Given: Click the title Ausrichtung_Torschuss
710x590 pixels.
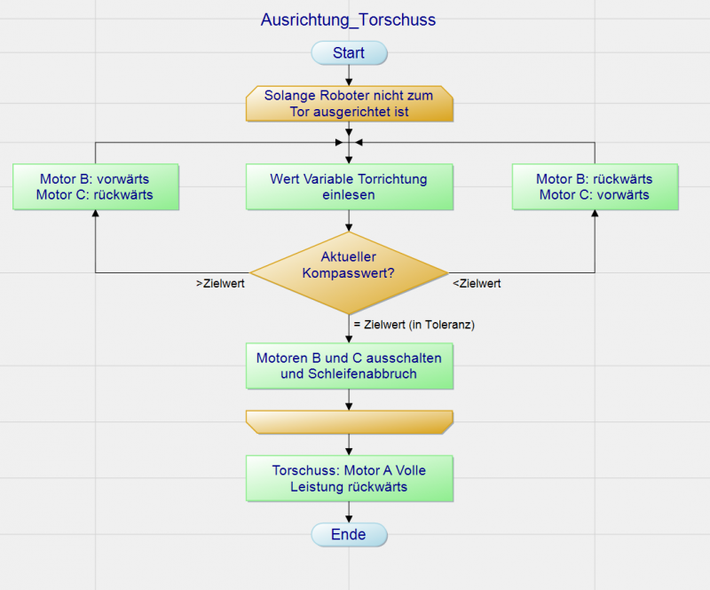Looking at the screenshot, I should [x=348, y=20].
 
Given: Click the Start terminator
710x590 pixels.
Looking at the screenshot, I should [x=349, y=53].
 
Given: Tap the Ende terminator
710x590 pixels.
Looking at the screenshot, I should [x=349, y=535].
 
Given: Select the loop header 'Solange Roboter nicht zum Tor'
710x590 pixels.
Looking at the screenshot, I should [x=349, y=103].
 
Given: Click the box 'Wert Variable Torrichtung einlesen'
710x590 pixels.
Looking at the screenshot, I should [x=349, y=187].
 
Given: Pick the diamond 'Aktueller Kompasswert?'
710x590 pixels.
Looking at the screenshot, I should [x=349, y=264].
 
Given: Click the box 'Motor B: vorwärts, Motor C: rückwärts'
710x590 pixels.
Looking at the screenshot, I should [x=96, y=187].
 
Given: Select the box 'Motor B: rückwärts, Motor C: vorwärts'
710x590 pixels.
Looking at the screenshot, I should [x=595, y=187].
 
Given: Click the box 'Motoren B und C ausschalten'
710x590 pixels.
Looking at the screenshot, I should [x=349, y=366].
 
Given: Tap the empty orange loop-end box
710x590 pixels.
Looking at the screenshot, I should [x=349, y=422].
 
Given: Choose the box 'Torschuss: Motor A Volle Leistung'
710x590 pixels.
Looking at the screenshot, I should [x=349, y=478].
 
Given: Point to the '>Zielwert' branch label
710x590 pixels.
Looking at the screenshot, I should [x=220, y=284].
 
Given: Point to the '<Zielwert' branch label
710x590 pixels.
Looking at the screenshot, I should [x=477, y=284].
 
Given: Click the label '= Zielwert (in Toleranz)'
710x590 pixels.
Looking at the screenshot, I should [x=414, y=325].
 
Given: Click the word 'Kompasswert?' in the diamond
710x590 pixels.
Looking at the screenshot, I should [x=349, y=272].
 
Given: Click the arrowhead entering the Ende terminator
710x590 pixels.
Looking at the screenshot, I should [x=349, y=517].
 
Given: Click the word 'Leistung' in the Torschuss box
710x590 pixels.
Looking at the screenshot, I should [x=317, y=486].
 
